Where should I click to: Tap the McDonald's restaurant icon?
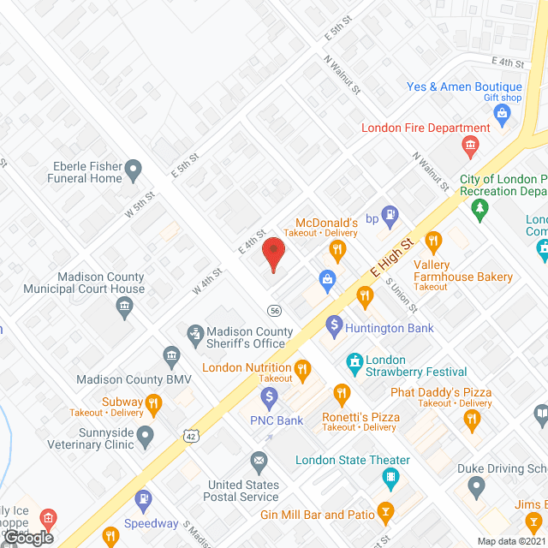pos(338,251)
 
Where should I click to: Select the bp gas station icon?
pos(390,217)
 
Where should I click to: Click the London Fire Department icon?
pos(469,147)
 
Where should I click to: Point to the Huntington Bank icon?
pos(335,327)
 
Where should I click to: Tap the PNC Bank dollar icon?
pos(270,397)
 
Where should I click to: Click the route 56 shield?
pos(273,310)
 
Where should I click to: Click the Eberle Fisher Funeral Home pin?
pos(133,171)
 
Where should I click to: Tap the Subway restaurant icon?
pos(153,402)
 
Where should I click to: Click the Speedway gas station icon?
pos(143,498)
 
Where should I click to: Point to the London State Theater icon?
pos(390,477)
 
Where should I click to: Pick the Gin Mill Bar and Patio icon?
pos(385,514)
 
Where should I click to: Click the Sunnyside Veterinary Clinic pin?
pos(146,437)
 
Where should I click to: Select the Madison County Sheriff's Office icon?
pos(195,332)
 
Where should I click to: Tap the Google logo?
pos(28,537)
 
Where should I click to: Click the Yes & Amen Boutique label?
pos(463,87)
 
